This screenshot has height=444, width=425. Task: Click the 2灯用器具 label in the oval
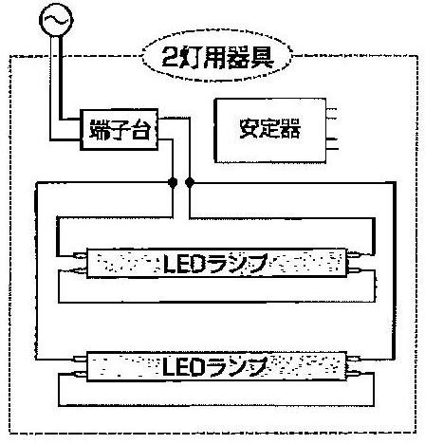217,58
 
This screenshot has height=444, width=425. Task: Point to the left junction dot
173,182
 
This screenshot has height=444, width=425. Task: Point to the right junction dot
190,182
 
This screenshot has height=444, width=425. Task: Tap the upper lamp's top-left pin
80,255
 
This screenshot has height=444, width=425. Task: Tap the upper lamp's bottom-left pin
80,270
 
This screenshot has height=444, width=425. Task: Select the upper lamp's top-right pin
355,254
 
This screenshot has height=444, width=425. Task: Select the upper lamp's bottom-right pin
355,270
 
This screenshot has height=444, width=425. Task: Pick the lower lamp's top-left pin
80,359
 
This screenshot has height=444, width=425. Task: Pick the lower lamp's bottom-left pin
80,375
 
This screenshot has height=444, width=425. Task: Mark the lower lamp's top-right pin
355,359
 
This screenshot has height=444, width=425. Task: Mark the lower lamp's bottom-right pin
355,374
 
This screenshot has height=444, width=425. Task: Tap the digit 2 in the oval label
170,58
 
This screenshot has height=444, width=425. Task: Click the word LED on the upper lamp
184,263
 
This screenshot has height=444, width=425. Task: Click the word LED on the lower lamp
183,367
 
